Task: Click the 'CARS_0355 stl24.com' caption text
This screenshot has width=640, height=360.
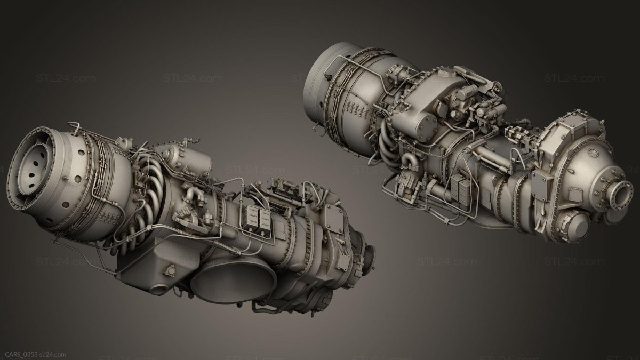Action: [x=35, y=355]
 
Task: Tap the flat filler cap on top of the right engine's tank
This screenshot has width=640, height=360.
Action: [x=444, y=73]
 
